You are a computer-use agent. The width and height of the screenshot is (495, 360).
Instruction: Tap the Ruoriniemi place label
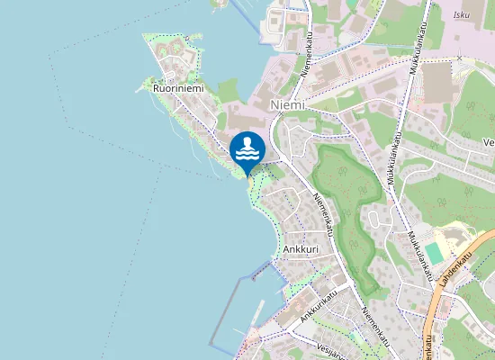click(x=178, y=89)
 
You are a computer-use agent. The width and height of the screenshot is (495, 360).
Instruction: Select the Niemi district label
click(x=287, y=105)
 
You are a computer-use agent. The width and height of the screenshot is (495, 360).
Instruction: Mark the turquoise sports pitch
click(x=435, y=253)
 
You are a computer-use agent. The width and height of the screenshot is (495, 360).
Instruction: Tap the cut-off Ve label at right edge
click(x=489, y=142)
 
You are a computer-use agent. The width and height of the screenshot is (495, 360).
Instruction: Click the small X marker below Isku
click(x=459, y=58)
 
